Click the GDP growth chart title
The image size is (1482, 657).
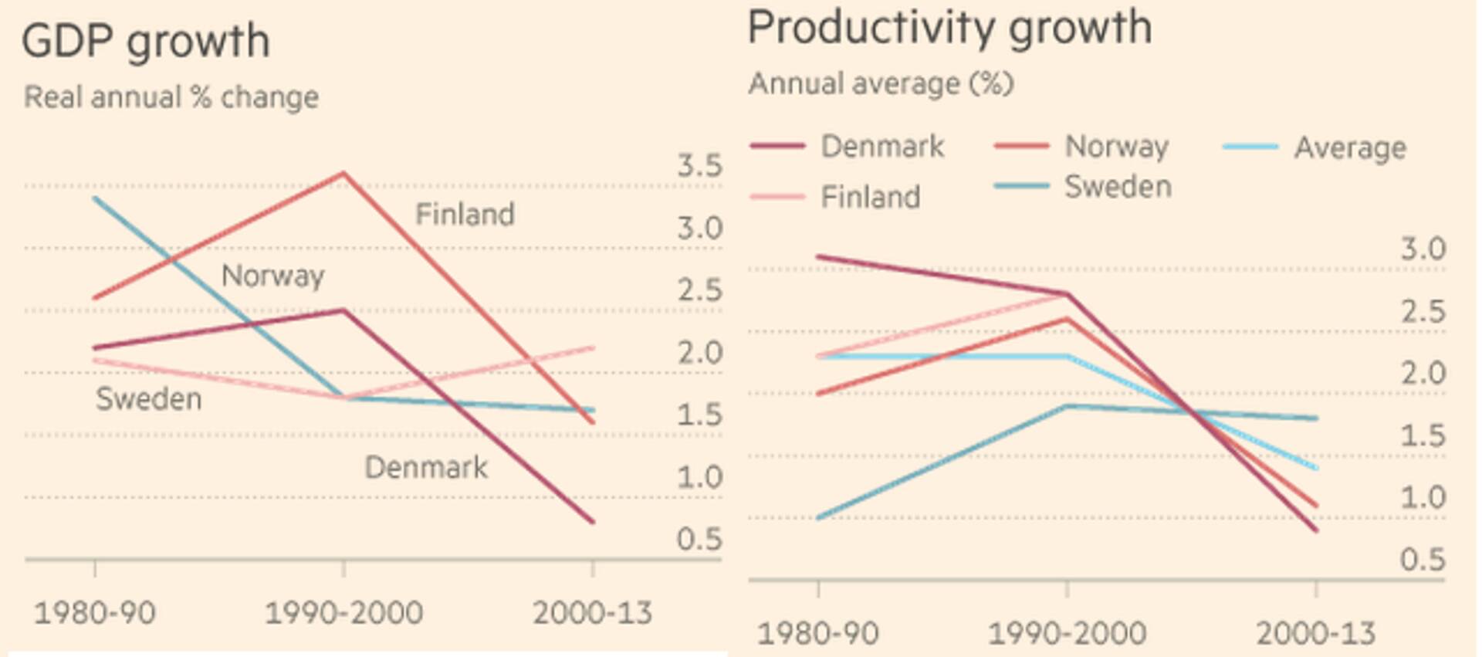(x=146, y=41)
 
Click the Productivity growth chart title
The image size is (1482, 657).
(x=949, y=28)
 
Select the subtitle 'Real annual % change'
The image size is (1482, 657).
(x=171, y=98)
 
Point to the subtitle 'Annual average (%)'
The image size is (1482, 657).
(x=881, y=83)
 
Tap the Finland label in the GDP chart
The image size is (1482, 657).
(x=465, y=215)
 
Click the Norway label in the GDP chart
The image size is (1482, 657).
(x=272, y=276)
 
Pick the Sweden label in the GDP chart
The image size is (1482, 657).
(x=148, y=399)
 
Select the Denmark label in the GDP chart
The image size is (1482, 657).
(x=425, y=468)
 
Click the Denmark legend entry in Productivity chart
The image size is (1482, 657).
(x=881, y=147)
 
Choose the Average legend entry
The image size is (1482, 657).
(x=1349, y=147)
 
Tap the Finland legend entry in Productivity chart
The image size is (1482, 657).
(x=870, y=198)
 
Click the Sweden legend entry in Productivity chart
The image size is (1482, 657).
(x=1118, y=187)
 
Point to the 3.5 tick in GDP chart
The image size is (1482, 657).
(x=699, y=166)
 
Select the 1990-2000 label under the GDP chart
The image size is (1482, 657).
(x=343, y=614)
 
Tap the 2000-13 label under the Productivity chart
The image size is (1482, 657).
(x=1315, y=634)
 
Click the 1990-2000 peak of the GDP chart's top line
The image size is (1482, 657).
(x=343, y=173)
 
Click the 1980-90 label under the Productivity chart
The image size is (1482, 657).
(x=817, y=634)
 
